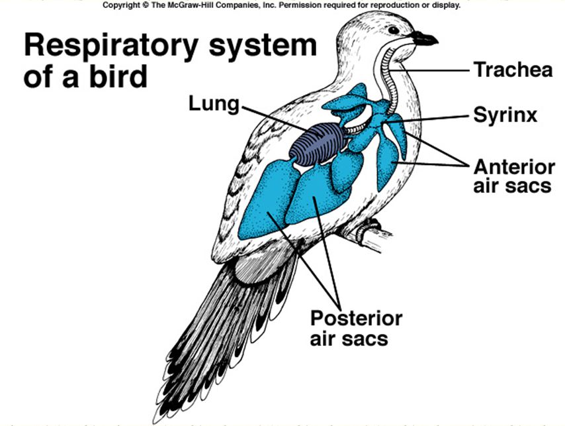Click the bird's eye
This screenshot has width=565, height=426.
pos(394,30)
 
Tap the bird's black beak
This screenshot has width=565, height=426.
pos(423,38)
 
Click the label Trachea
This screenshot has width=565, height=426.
pos(513,70)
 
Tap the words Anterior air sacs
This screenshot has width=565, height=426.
pos(513,176)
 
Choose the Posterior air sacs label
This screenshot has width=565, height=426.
pos(356,328)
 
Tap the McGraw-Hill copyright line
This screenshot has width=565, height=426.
pos(281,5)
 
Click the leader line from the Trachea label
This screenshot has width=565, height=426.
pos(437,69)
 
